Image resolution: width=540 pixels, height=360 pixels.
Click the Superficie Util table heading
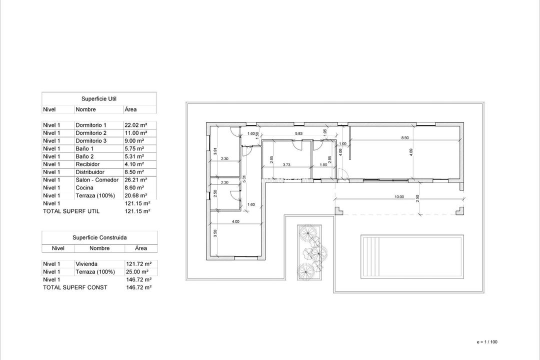pyautogui.click(x=99, y=99)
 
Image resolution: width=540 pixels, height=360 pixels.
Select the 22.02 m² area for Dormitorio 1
pyautogui.click(x=135, y=125)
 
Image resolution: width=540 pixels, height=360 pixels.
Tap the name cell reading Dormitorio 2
pyautogui.click(x=91, y=133)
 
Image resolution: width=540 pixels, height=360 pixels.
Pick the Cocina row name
pyautogui.click(x=84, y=188)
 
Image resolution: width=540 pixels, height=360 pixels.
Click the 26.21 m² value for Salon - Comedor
pyautogui.click(x=135, y=180)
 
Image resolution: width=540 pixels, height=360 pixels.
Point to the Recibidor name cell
pyautogui.click(x=87, y=164)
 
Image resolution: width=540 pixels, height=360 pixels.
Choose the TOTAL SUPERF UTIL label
pyautogui.click(x=71, y=211)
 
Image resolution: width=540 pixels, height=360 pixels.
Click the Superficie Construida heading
pyautogui.click(x=99, y=237)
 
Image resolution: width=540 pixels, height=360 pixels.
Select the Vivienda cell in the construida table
pyautogui.click(x=86, y=264)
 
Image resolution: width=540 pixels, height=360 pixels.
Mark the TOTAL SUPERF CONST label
pyautogui.click(x=75, y=287)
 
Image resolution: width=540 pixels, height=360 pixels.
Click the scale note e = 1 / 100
pyautogui.click(x=487, y=342)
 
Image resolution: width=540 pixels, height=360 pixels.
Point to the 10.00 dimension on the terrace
pyautogui.click(x=398, y=197)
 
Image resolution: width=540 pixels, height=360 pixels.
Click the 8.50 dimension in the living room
pyautogui.click(x=405, y=137)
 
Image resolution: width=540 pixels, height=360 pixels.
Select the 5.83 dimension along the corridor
pyautogui.click(x=298, y=133)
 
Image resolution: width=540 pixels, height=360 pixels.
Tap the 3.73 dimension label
pyautogui.click(x=286, y=164)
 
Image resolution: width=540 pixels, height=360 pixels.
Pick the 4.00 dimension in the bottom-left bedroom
pyautogui.click(x=235, y=221)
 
